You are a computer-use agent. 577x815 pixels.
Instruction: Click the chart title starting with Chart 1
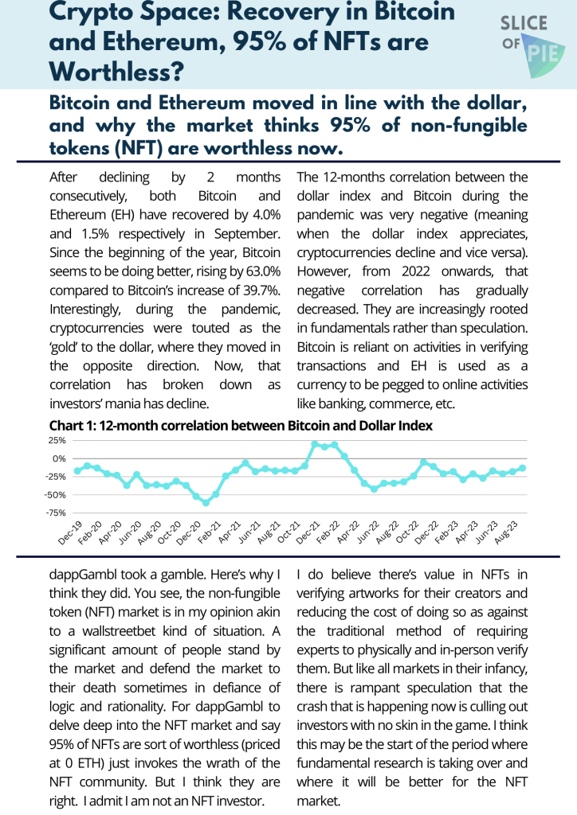click(x=241, y=426)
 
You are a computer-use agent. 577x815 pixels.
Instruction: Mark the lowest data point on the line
click(x=206, y=503)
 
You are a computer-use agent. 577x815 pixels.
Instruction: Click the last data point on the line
click(x=523, y=468)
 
